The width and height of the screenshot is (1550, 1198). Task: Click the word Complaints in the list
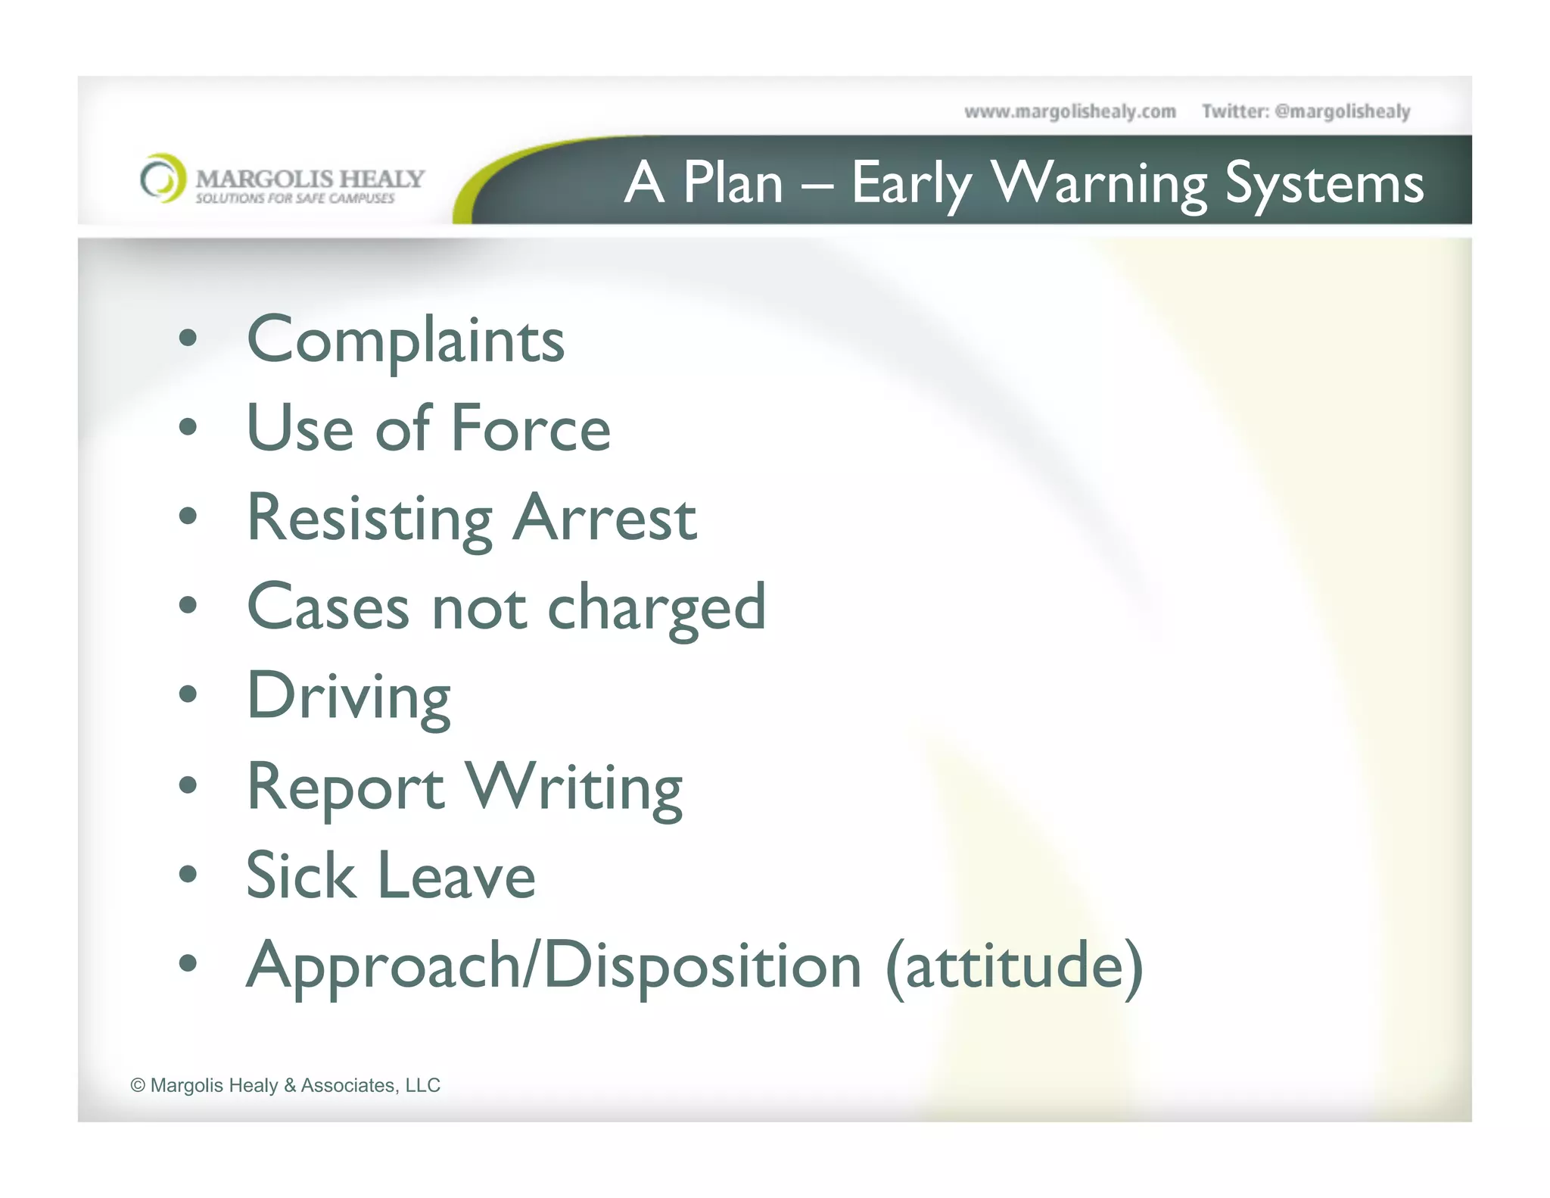point(406,341)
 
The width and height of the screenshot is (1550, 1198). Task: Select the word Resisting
point(370,519)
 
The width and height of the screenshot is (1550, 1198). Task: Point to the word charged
point(656,608)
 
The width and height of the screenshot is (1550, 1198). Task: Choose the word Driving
point(349,697)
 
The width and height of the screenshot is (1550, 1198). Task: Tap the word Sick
point(300,875)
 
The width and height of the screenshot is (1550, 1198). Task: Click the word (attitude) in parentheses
point(1013,966)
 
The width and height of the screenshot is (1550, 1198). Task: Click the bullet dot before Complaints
point(188,338)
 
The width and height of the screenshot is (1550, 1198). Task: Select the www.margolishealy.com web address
point(1069,112)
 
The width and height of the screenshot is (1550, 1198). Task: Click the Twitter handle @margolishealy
point(1342,112)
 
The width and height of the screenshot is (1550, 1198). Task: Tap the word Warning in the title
point(1098,183)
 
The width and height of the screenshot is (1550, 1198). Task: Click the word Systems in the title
point(1324,183)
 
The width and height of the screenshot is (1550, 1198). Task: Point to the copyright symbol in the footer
point(138,1085)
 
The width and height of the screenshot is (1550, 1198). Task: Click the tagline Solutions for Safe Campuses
point(295,198)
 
